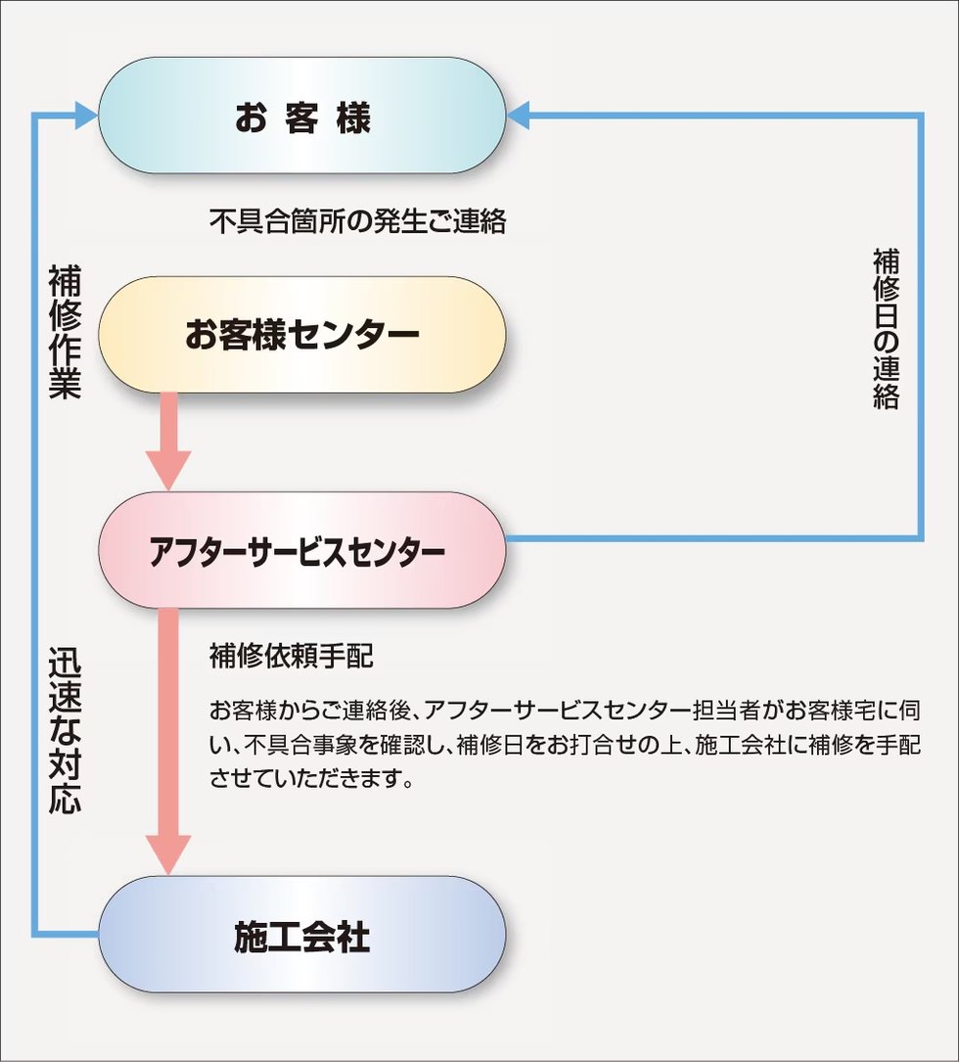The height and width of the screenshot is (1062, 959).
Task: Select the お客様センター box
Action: [x=302, y=335]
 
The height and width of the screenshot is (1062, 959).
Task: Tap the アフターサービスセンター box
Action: [x=302, y=551]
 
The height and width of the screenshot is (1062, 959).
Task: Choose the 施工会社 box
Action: [x=302, y=936]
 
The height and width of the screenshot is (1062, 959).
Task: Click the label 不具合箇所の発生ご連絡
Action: [x=357, y=221]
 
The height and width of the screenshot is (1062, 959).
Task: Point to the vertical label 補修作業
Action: [x=65, y=333]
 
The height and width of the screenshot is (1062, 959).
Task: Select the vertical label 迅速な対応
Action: [x=65, y=730]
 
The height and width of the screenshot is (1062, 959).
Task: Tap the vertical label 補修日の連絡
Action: [x=886, y=329]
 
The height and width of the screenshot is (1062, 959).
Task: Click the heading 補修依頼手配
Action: [x=291, y=657]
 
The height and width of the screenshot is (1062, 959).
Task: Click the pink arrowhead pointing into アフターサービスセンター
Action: [x=167, y=470]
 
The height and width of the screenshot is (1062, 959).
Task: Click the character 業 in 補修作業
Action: [x=65, y=384]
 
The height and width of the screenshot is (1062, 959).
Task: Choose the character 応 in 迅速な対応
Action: [x=65, y=797]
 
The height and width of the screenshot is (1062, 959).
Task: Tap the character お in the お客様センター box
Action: [x=202, y=336]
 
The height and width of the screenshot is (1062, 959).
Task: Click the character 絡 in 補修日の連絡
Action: [x=886, y=395]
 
